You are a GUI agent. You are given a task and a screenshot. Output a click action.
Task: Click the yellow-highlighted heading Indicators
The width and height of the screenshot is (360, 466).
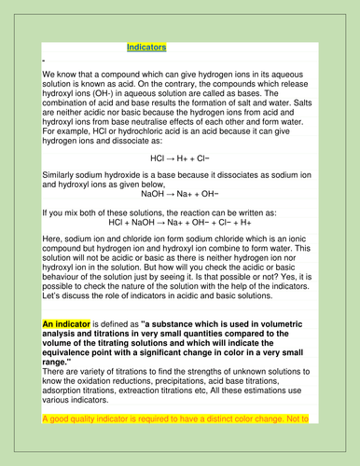(x=146, y=46)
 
